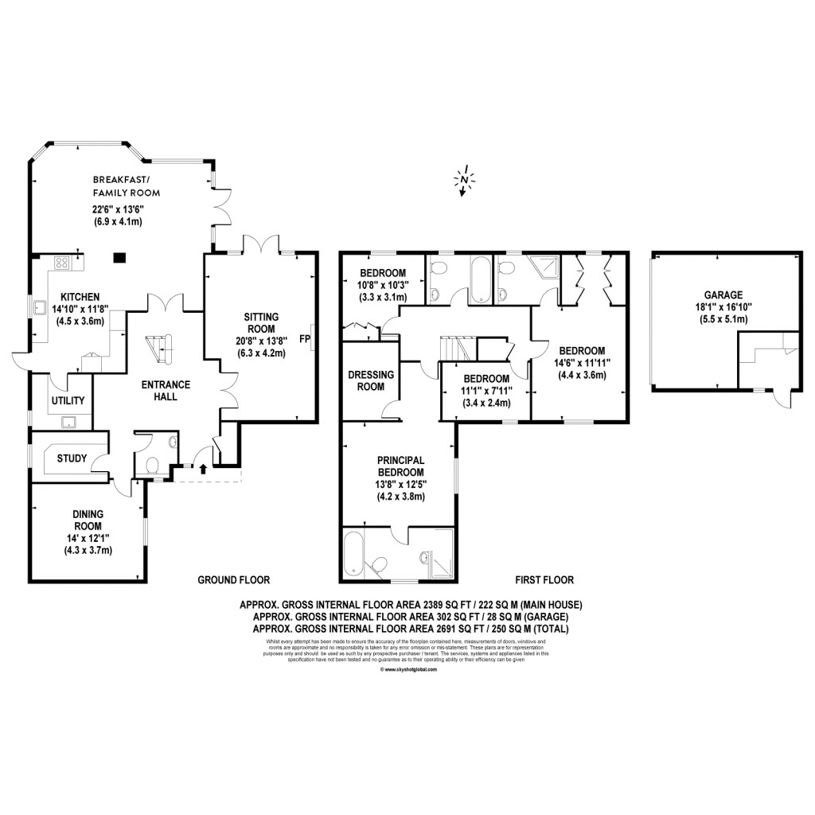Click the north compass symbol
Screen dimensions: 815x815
click(463, 181)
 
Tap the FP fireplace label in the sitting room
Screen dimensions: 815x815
click(304, 338)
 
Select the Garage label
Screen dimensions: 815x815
click(723, 294)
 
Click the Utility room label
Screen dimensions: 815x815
click(68, 400)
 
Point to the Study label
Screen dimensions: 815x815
click(72, 458)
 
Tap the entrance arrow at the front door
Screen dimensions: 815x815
click(202, 470)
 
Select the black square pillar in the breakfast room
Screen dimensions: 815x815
click(119, 257)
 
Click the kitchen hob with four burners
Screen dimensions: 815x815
click(62, 263)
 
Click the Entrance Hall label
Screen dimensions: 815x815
click(165, 391)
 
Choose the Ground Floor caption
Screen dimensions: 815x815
click(233, 580)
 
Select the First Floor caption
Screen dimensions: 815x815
click(544, 580)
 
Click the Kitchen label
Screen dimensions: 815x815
click(80, 295)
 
